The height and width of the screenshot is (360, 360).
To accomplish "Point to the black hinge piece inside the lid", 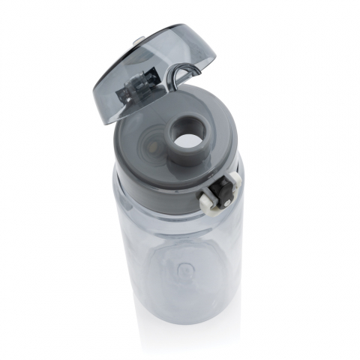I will [x=134, y=86].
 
